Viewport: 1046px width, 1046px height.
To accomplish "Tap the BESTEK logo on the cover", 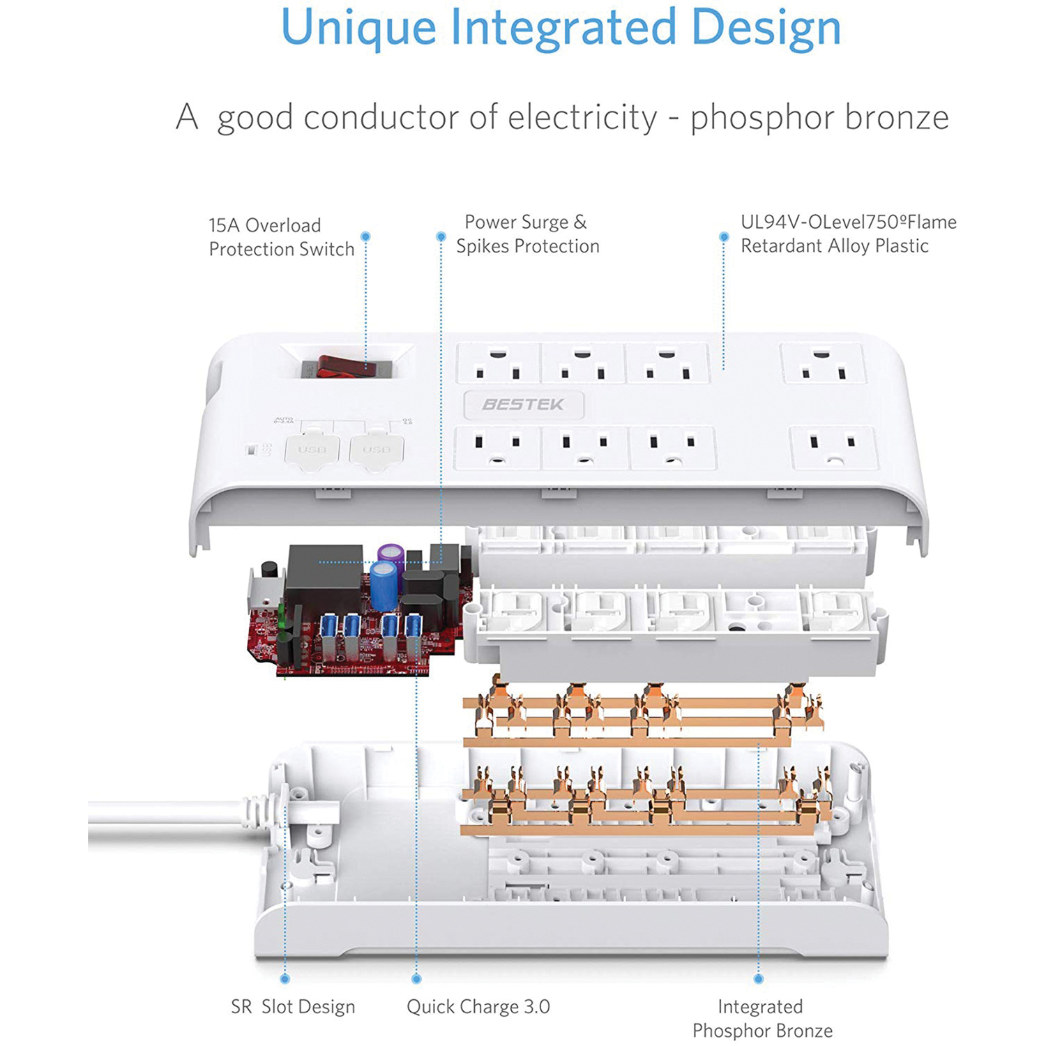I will (523, 404).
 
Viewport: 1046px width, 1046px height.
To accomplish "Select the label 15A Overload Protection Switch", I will (282, 237).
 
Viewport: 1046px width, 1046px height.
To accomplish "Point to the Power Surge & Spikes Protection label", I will (527, 234).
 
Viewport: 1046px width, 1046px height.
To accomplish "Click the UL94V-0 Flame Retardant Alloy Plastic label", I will (848, 234).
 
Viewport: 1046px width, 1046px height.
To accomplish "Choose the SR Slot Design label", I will (293, 1007).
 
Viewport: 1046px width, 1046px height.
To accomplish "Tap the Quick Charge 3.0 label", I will (478, 1007).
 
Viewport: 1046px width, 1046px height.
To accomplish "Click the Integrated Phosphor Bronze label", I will (761, 1018).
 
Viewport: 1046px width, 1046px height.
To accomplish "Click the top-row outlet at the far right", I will (823, 364).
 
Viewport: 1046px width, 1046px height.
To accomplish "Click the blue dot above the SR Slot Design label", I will (285, 979).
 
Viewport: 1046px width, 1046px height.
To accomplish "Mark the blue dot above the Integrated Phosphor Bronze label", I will (759, 979).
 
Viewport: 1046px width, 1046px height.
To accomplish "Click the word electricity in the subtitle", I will (582, 117).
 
